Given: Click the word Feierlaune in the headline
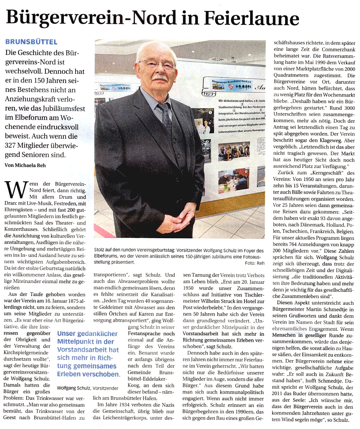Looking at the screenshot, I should (251, 18).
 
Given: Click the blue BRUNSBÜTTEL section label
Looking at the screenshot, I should (31, 42).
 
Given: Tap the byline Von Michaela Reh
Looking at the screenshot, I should (25, 165).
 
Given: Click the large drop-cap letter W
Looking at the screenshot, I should (16, 190).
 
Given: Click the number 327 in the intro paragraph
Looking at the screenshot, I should (10, 145).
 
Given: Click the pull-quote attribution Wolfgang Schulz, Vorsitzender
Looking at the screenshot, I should (88, 388).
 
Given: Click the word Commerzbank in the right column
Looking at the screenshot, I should (338, 49).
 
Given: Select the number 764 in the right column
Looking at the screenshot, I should (292, 244).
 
